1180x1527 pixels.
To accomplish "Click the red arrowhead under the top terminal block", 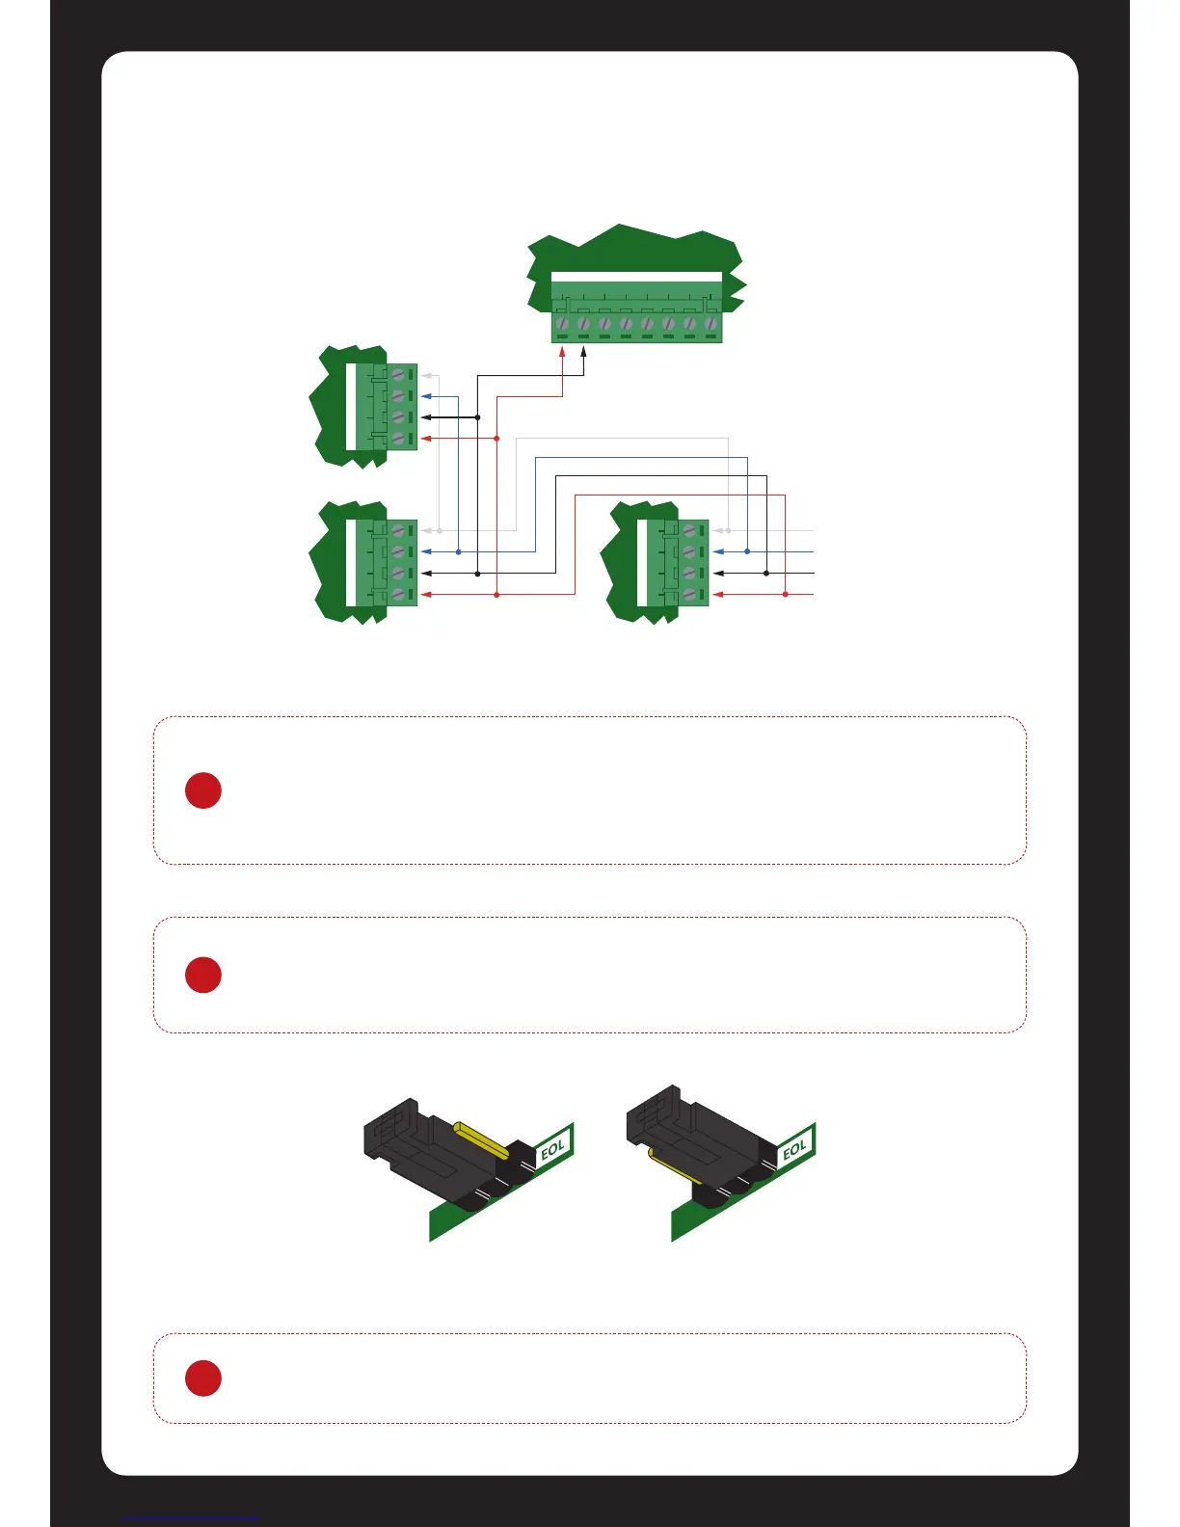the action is [563, 353].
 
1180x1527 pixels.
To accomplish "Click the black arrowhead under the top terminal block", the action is [584, 353].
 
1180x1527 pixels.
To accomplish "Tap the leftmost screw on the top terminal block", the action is [563, 324].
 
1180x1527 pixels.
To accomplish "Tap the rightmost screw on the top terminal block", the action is [711, 324].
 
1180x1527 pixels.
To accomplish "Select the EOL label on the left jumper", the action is [553, 1149].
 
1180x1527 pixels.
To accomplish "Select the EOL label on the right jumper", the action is [794, 1149].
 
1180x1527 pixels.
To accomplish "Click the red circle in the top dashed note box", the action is [203, 790].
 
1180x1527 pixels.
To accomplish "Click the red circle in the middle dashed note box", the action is [203, 975].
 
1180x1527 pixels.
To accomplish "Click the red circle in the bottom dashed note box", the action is [203, 1378].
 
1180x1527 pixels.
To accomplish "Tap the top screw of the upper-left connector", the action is [397, 374].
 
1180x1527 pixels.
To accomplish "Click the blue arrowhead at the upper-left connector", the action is [426, 396].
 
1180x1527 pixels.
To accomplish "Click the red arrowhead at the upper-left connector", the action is [426, 439].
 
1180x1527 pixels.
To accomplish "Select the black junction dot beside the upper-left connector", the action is [477, 417].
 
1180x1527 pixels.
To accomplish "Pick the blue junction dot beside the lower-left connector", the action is [458, 551].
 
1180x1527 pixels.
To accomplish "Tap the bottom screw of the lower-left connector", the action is [397, 595].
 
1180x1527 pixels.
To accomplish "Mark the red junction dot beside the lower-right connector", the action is [785, 595].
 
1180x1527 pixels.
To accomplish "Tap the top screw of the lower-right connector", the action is [688, 530].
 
